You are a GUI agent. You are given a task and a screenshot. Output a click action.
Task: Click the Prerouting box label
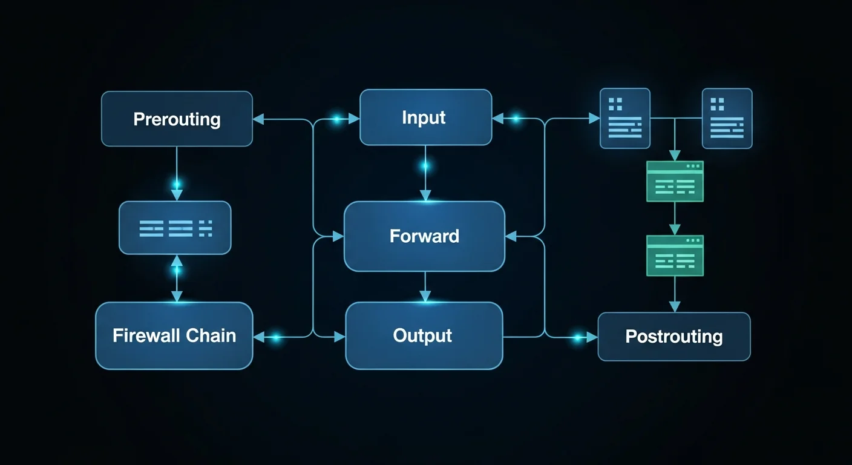[177, 119]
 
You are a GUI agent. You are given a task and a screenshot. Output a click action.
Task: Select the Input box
[425, 117]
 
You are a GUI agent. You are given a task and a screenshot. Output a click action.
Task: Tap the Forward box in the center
[424, 236]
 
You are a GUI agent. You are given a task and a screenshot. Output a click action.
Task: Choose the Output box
[424, 335]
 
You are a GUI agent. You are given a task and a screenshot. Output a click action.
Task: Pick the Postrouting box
[673, 337]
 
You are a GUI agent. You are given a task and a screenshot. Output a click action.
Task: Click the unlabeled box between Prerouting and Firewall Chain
[175, 228]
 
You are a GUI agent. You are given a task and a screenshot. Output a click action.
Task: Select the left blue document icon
[624, 118]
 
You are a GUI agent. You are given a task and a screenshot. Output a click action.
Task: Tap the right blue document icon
[727, 118]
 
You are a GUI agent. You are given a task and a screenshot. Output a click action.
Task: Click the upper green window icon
[675, 181]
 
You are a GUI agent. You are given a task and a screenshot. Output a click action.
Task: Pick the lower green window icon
[675, 256]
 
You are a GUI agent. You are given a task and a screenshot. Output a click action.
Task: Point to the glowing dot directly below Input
[425, 165]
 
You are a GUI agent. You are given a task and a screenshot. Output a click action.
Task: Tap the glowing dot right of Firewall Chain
[275, 338]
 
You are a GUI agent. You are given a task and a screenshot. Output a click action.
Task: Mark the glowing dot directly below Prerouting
[177, 183]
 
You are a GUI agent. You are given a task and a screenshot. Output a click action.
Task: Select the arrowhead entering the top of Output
[425, 296]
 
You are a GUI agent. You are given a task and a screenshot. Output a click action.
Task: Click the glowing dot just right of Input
[516, 119]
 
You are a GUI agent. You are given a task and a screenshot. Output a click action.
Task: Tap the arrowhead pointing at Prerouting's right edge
[258, 119]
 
